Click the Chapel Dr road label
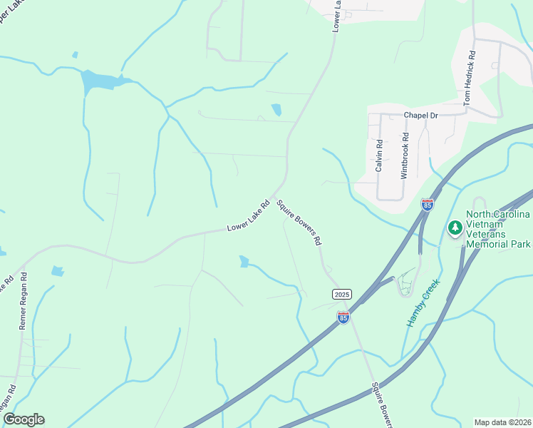click(420, 114)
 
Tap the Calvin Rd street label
click(379, 155)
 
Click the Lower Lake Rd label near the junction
click(248, 217)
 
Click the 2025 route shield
click(342, 294)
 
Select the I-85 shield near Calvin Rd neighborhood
click(428, 205)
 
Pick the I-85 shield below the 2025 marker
click(343, 317)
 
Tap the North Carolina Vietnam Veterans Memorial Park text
click(498, 229)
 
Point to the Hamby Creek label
click(423, 302)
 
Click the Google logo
click(24, 419)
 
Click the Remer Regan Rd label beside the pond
click(23, 300)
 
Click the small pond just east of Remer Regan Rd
click(57, 271)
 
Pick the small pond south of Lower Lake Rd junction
click(244, 261)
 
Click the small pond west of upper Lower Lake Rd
click(276, 109)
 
